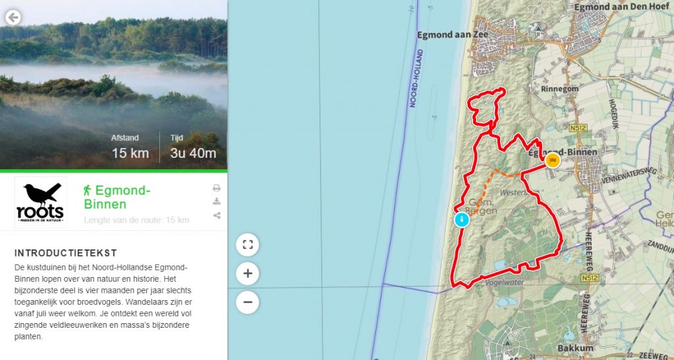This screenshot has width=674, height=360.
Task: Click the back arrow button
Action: (x=13, y=18)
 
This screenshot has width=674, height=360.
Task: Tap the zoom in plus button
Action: (x=247, y=274)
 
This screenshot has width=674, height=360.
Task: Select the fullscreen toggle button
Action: (x=247, y=245)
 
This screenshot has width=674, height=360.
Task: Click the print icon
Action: (x=217, y=188)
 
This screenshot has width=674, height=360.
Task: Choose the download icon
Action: (x=217, y=201)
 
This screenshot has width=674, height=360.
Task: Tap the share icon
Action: (x=217, y=215)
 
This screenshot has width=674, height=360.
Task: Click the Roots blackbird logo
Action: (x=41, y=203)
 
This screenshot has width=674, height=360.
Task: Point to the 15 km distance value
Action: (x=130, y=154)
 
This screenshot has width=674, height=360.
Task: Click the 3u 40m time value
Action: (x=193, y=154)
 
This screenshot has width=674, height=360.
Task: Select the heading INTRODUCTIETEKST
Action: (x=66, y=253)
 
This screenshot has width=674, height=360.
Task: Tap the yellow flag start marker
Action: (x=552, y=160)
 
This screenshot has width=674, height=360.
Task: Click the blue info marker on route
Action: (x=462, y=219)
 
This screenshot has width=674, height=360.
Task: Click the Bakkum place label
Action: (x=575, y=347)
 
